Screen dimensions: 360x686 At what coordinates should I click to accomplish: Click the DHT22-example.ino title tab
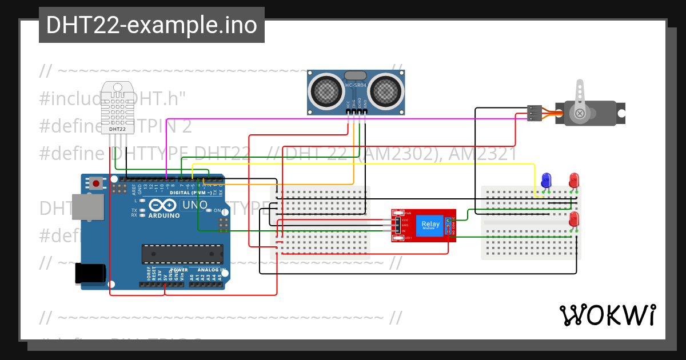point(151,26)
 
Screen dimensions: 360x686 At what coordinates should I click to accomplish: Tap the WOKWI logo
point(607,315)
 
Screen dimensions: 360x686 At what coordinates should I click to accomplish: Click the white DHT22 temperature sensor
point(117,109)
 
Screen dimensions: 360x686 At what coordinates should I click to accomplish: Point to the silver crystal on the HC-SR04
point(356,75)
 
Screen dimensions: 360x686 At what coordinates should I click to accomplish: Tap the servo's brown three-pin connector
point(534,113)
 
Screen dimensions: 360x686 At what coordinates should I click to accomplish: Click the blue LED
point(546,180)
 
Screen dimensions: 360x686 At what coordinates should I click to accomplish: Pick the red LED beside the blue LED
point(573,180)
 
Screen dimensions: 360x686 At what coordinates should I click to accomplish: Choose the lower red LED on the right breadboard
point(573,219)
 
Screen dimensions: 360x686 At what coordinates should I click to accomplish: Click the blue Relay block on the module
point(430,225)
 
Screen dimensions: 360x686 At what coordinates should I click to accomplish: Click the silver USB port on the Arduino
point(87,206)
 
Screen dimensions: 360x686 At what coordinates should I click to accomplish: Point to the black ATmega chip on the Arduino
point(182,253)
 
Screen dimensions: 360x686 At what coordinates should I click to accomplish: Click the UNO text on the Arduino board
point(194,205)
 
